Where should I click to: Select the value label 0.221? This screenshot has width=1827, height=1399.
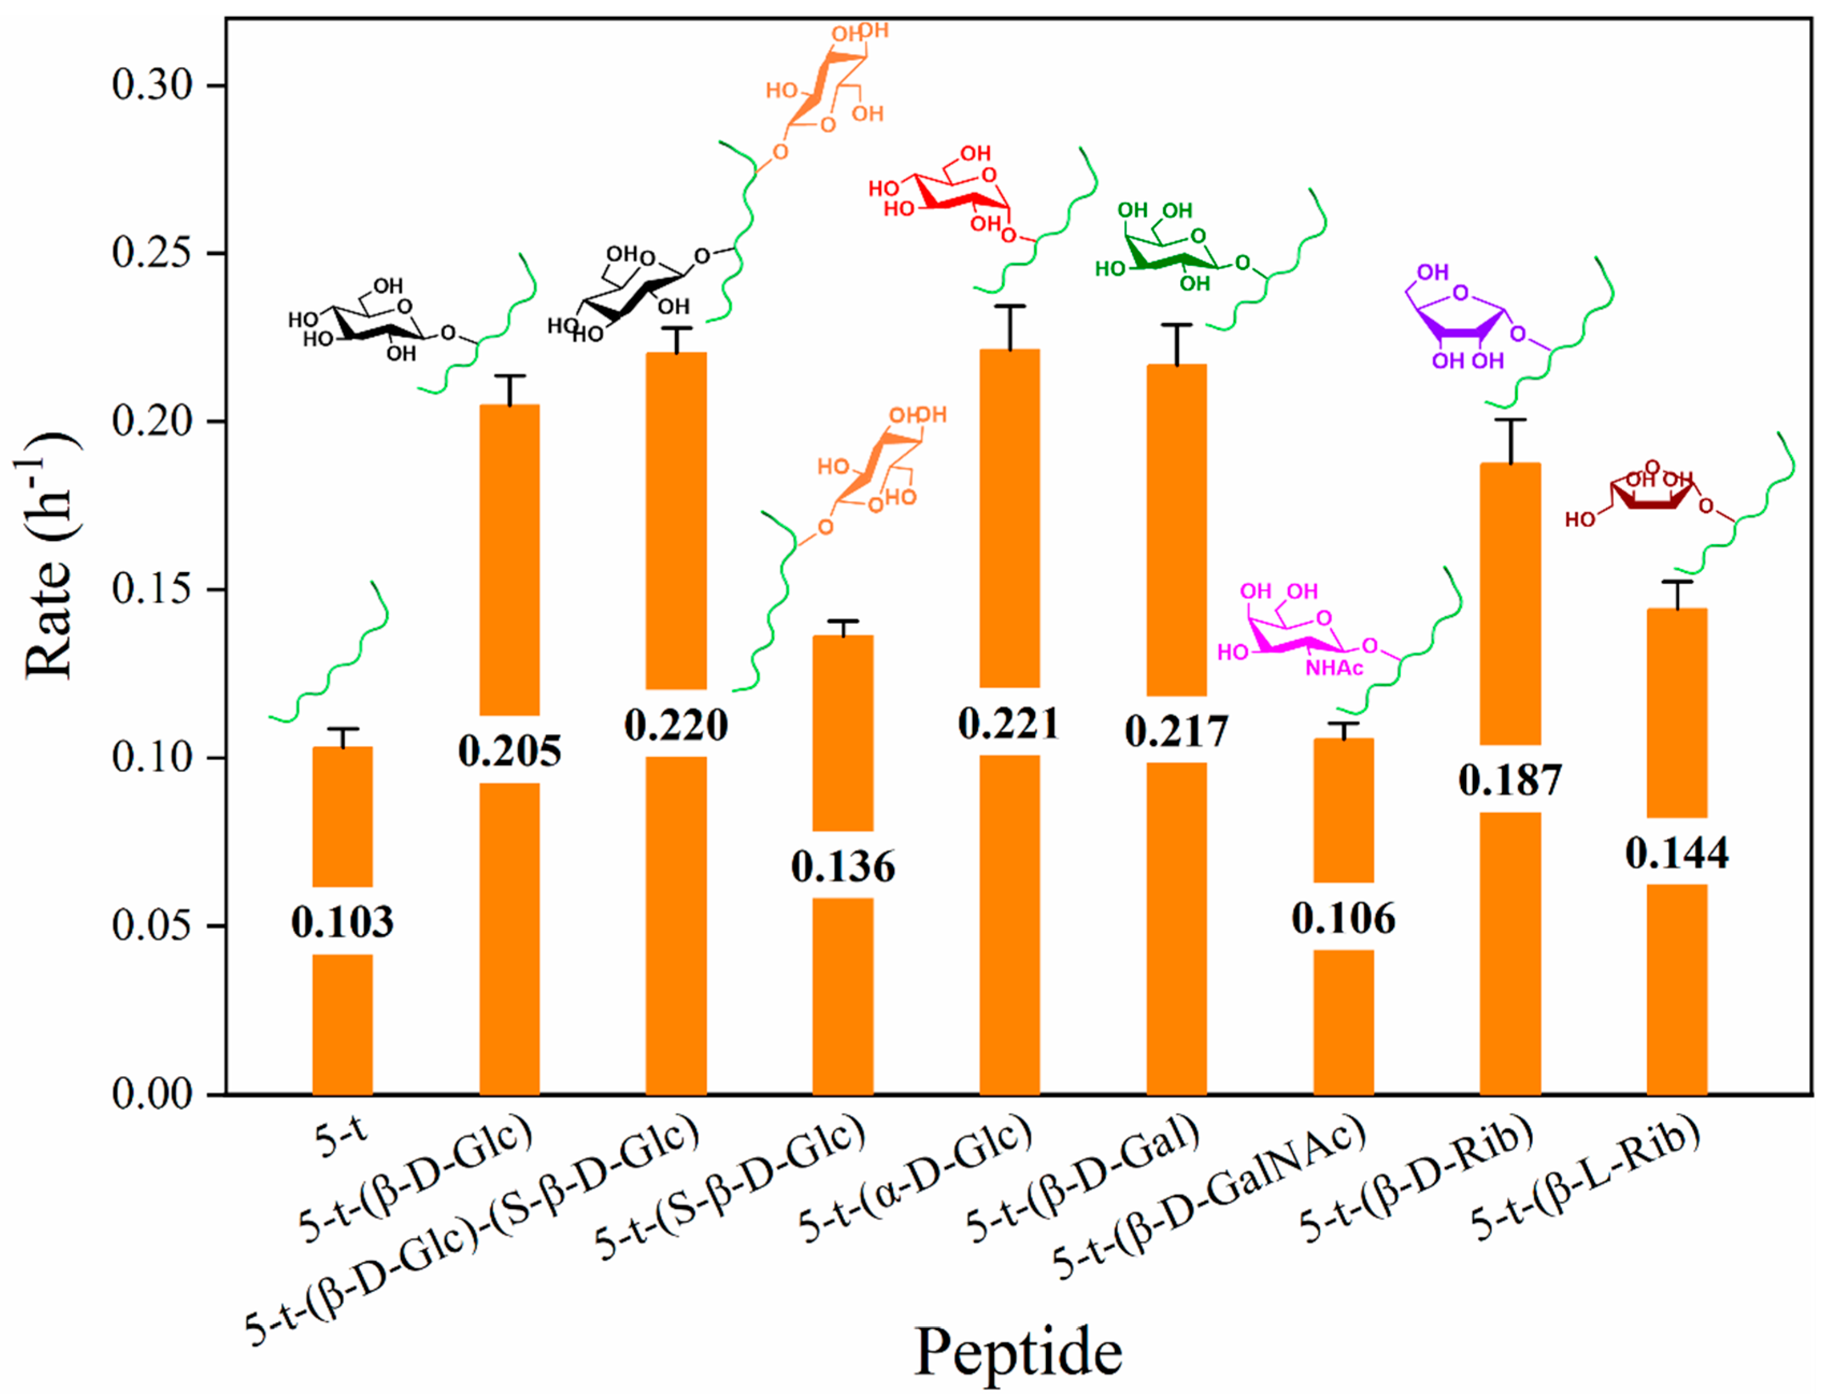(1009, 723)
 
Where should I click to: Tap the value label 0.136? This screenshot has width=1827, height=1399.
(842, 866)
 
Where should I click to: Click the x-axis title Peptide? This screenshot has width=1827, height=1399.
(1018, 1352)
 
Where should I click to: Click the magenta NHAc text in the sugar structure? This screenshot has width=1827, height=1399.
(1334, 668)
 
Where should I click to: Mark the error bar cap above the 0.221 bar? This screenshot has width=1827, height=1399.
(1009, 306)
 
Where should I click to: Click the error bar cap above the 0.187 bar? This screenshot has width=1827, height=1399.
(1510, 420)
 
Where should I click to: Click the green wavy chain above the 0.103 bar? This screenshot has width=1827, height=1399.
(333, 658)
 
